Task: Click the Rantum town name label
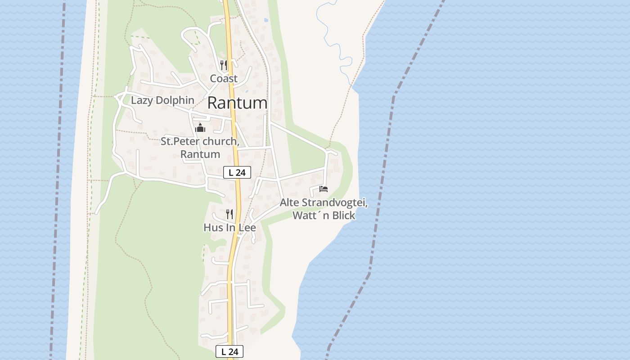coord(237,103)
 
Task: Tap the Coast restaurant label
coord(224,79)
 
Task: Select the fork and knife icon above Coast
coord(224,65)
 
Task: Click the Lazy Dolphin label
coord(162,100)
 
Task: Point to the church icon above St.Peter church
coord(200,128)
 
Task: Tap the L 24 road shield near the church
coord(237,172)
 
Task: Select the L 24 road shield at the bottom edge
coord(229,351)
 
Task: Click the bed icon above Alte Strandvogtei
coord(324,189)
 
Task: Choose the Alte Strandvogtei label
coord(324,202)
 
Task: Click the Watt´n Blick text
coord(324,216)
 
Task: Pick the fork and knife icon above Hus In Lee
coord(229,214)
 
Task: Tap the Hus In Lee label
coord(229,228)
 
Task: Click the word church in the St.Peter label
coord(219,141)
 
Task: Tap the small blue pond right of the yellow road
coord(266,20)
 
